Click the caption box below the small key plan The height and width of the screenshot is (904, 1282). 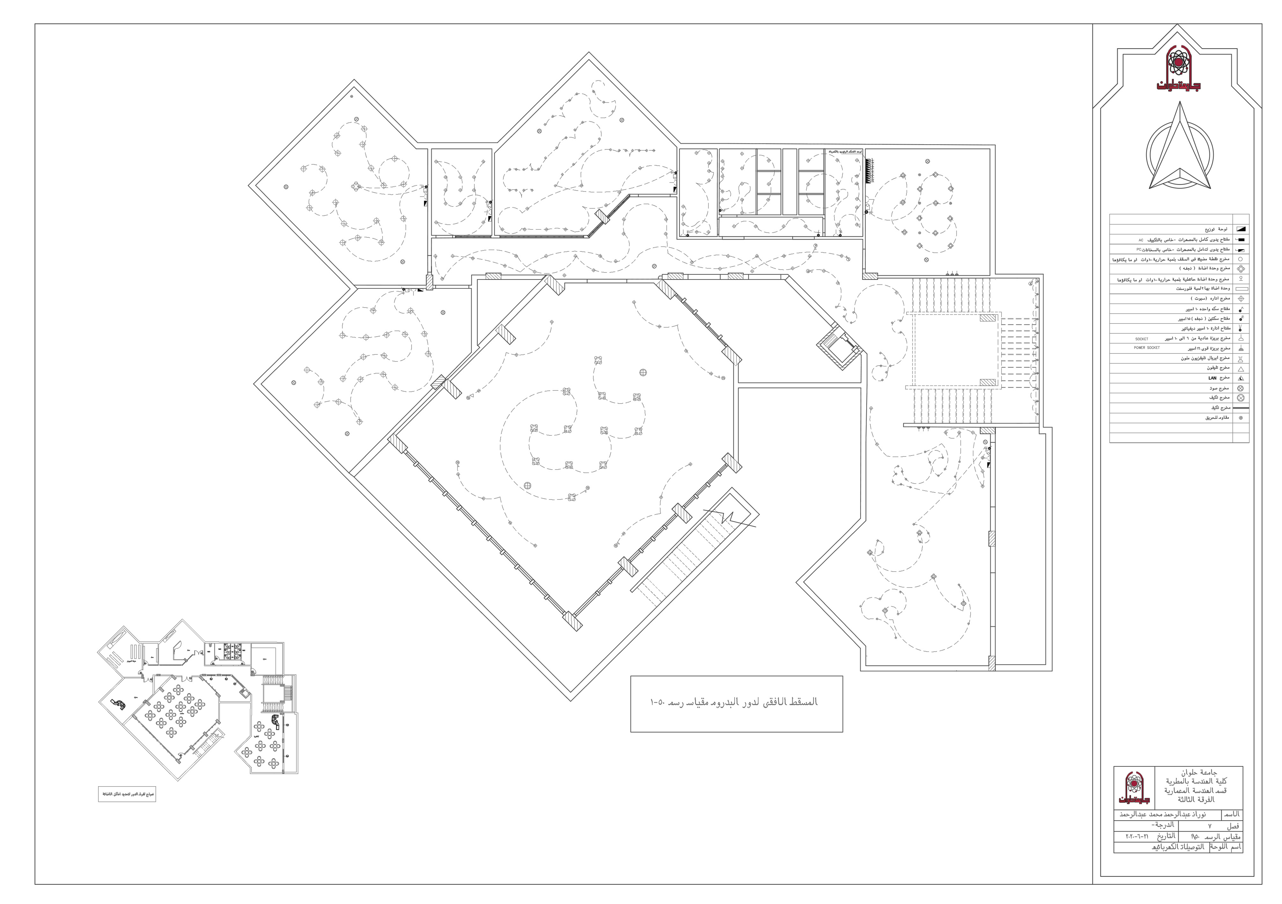coord(127,793)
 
